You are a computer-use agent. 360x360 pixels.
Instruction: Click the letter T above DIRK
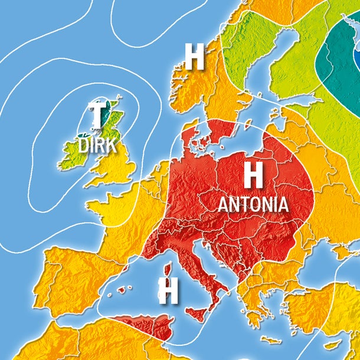pos(96,114)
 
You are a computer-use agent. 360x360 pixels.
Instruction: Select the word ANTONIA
pos(253,204)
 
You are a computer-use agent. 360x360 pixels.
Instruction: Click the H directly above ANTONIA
pos(253,175)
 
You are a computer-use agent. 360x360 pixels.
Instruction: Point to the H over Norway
pos(194,56)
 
